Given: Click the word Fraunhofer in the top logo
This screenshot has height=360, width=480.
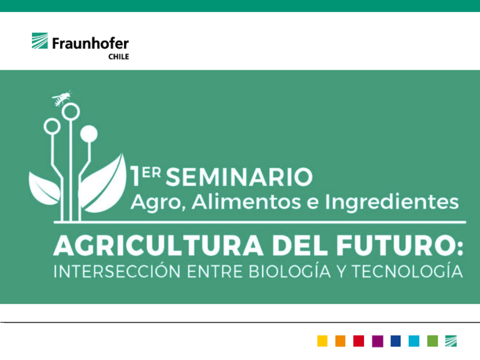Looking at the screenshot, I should coord(91,44).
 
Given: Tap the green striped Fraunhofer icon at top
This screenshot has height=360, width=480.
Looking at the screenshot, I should coord(40,41).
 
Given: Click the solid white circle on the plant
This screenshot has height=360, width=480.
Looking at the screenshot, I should coord(88,134).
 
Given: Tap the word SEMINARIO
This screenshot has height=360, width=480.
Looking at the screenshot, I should coord(240,177).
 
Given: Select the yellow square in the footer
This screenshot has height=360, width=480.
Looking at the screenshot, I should coord(322,341).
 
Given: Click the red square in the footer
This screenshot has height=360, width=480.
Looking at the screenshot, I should coord(358,341).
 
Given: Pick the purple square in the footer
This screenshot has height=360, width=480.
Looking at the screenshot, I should coord(377,341).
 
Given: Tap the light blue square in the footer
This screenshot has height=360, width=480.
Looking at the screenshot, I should coord(414,341).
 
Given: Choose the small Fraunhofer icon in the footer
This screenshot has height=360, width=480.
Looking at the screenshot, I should coord(451,341).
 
